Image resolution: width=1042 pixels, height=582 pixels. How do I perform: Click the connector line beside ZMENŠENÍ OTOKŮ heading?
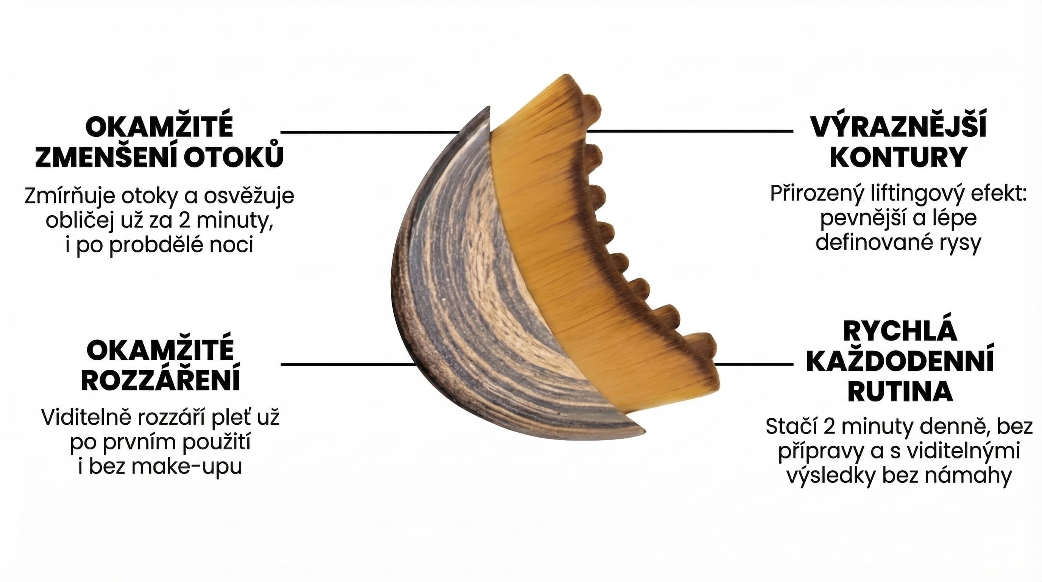point(370,132)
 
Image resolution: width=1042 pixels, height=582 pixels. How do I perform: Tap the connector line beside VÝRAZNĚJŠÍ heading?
point(689,131)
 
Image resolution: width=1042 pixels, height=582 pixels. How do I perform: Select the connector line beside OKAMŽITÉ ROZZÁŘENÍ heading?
point(348,365)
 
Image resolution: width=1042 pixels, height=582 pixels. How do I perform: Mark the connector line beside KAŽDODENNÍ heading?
point(754,364)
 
